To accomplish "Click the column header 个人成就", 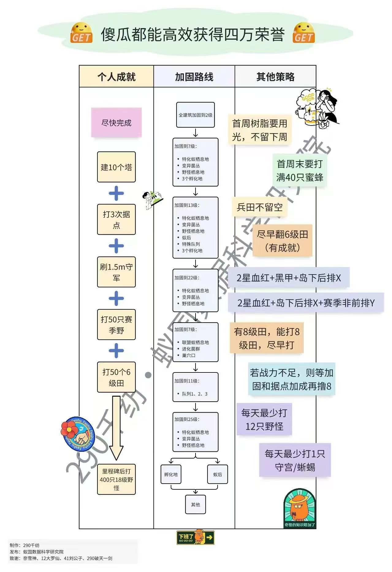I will pyautogui.click(x=116, y=77).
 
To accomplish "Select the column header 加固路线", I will pyautogui.click(x=194, y=77).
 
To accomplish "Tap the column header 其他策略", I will pyautogui.click(x=275, y=77).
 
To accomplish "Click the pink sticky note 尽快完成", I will pyautogui.click(x=116, y=123).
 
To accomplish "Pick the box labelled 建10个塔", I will pyautogui.click(x=116, y=167).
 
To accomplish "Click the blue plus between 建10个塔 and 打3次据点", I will pyautogui.click(x=116, y=193).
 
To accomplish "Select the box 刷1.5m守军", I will pyautogui.click(x=116, y=272).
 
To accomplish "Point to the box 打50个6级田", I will pyautogui.click(x=116, y=377).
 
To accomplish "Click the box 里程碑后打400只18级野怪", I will pyautogui.click(x=116, y=479).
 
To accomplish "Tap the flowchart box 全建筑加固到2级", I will pyautogui.click(x=195, y=115).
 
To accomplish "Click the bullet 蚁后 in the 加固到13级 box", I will pyautogui.click(x=186, y=237).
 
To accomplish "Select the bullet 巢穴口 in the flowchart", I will pyautogui.click(x=188, y=355).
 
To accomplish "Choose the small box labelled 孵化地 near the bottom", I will pyautogui.click(x=171, y=474).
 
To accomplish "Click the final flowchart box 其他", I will pyautogui.click(x=195, y=504).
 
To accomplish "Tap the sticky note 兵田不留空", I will pyautogui.click(x=260, y=207).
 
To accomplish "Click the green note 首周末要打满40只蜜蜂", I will pyautogui.click(x=300, y=170).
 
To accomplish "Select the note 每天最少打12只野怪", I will pyautogui.click(x=264, y=419).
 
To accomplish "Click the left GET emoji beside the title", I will pyautogui.click(x=81, y=33).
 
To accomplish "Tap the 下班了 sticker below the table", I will pyautogui.click(x=195, y=537).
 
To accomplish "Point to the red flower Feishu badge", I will pyautogui.click(x=77, y=433).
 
